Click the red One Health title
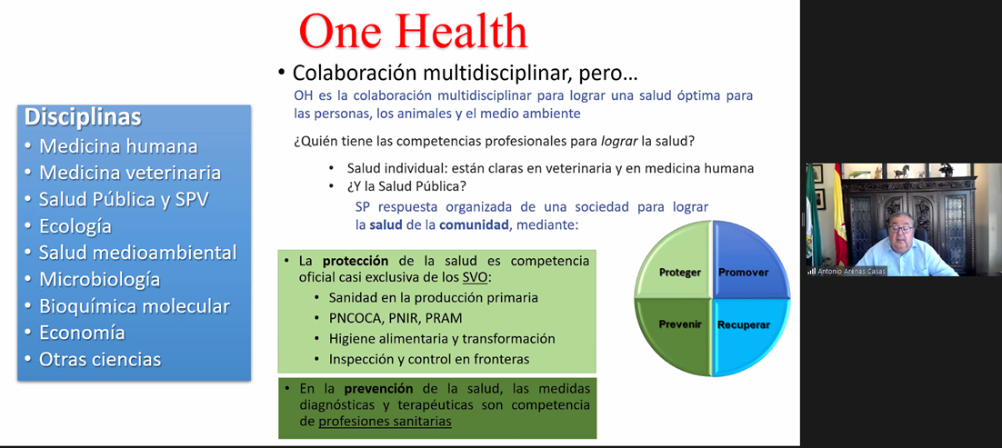[414, 31]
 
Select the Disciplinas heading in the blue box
[83, 117]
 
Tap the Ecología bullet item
[75, 226]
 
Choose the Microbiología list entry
[99, 279]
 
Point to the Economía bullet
[82, 333]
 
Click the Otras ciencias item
[100, 359]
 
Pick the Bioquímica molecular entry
[135, 306]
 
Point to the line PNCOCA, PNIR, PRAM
[396, 318]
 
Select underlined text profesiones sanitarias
[385, 422]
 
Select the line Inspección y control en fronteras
[429, 359]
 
